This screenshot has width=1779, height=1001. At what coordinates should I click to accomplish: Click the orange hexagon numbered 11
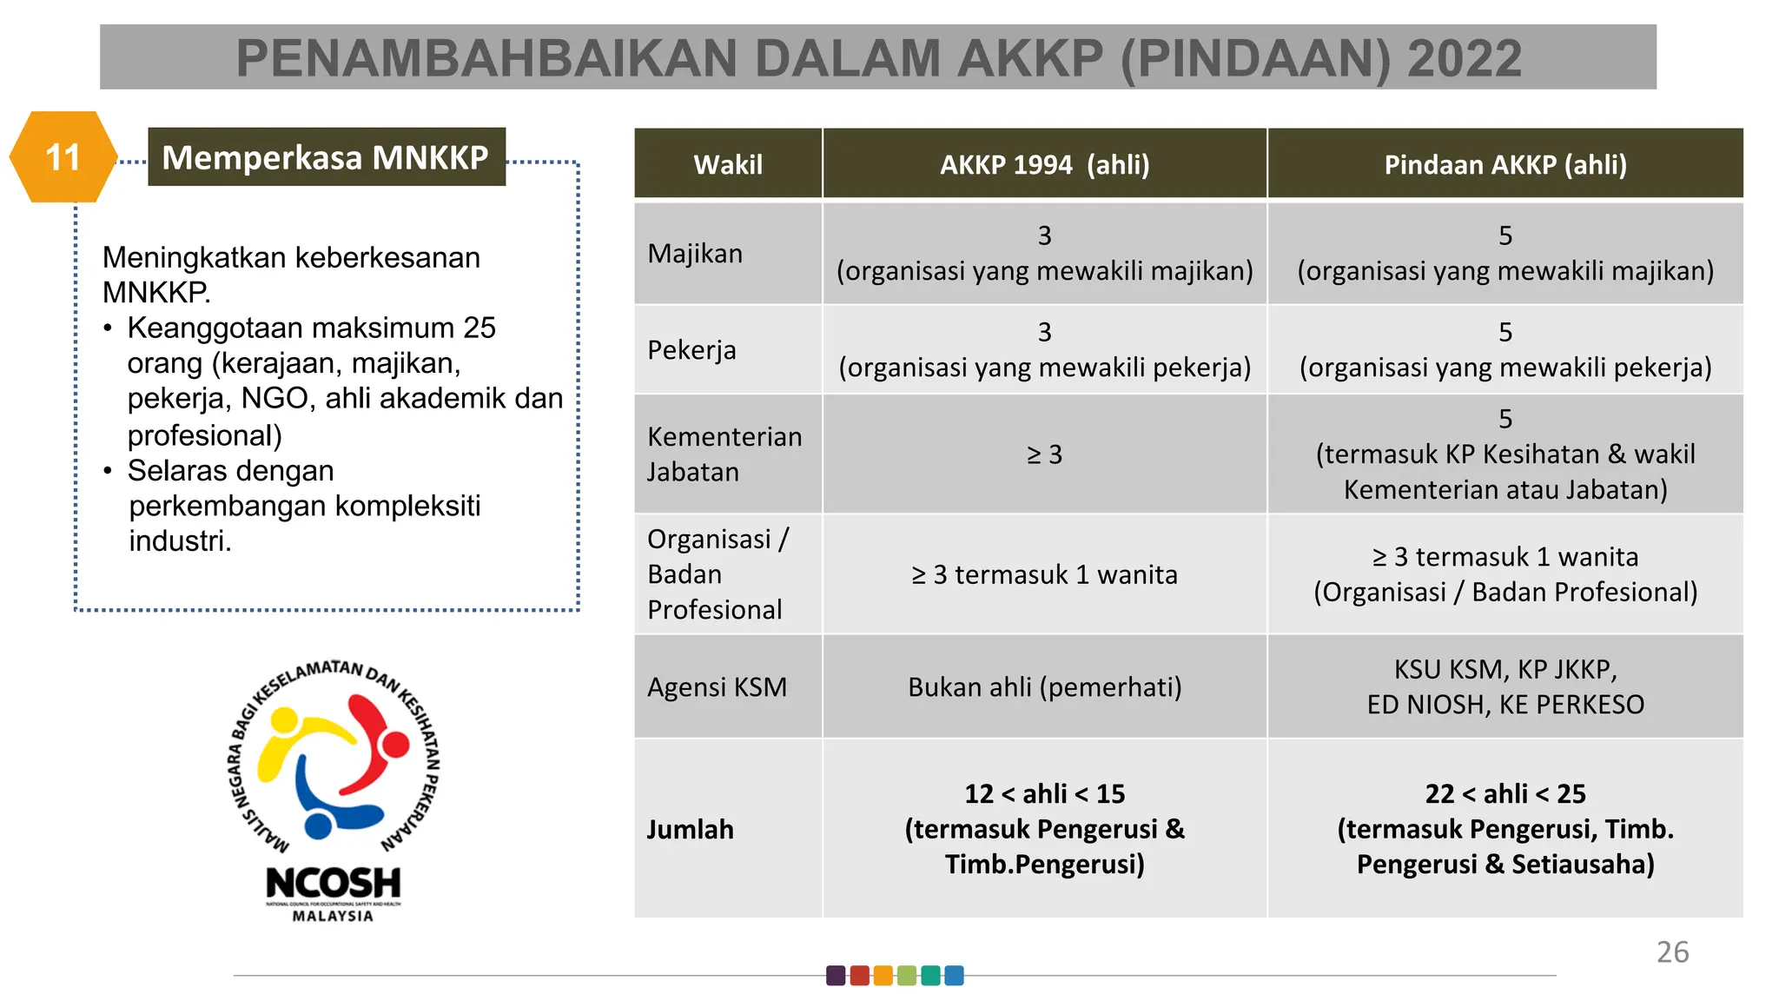pyautogui.click(x=63, y=157)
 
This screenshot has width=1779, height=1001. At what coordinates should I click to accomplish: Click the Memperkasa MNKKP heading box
pyautogui.click(x=326, y=157)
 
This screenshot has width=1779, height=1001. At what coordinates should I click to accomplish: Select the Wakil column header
pyautogui.click(x=728, y=164)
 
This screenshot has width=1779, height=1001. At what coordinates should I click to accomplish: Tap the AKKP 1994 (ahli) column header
pyautogui.click(x=1044, y=164)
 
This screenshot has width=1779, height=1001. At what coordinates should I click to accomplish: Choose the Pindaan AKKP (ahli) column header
pyautogui.click(x=1505, y=164)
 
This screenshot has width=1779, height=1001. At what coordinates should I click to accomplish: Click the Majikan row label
pyautogui.click(x=695, y=254)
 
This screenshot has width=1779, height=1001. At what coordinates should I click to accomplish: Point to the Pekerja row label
pyautogui.click(x=691, y=350)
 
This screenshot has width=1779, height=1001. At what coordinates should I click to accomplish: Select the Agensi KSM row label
pyautogui.click(x=717, y=687)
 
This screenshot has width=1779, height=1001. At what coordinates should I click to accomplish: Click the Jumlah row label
pyautogui.click(x=690, y=829)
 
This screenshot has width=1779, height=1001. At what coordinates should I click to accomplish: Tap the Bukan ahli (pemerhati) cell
pyautogui.click(x=1044, y=687)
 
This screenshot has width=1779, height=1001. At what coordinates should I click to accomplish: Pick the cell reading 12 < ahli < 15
pyautogui.click(x=1044, y=794)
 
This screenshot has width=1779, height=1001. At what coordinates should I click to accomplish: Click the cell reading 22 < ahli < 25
pyautogui.click(x=1505, y=794)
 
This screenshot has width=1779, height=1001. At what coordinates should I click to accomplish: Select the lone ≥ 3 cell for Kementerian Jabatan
pyautogui.click(x=1044, y=454)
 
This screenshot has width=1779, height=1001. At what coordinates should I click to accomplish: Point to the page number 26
pyautogui.click(x=1672, y=952)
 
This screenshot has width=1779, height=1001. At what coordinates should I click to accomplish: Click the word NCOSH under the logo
pyautogui.click(x=333, y=884)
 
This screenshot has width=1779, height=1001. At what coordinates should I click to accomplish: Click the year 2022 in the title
pyautogui.click(x=1464, y=59)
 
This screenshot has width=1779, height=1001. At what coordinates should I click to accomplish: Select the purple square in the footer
pyautogui.click(x=836, y=976)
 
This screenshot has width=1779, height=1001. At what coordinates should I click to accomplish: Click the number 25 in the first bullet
pyautogui.click(x=479, y=328)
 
